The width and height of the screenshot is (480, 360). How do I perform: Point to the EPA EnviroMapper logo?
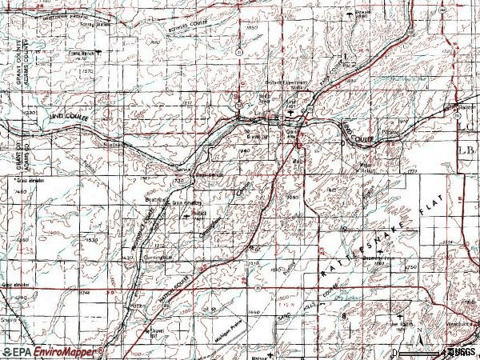52,352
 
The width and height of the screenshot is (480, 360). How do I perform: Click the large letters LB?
466,150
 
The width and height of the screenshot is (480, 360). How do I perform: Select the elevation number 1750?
411,267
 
